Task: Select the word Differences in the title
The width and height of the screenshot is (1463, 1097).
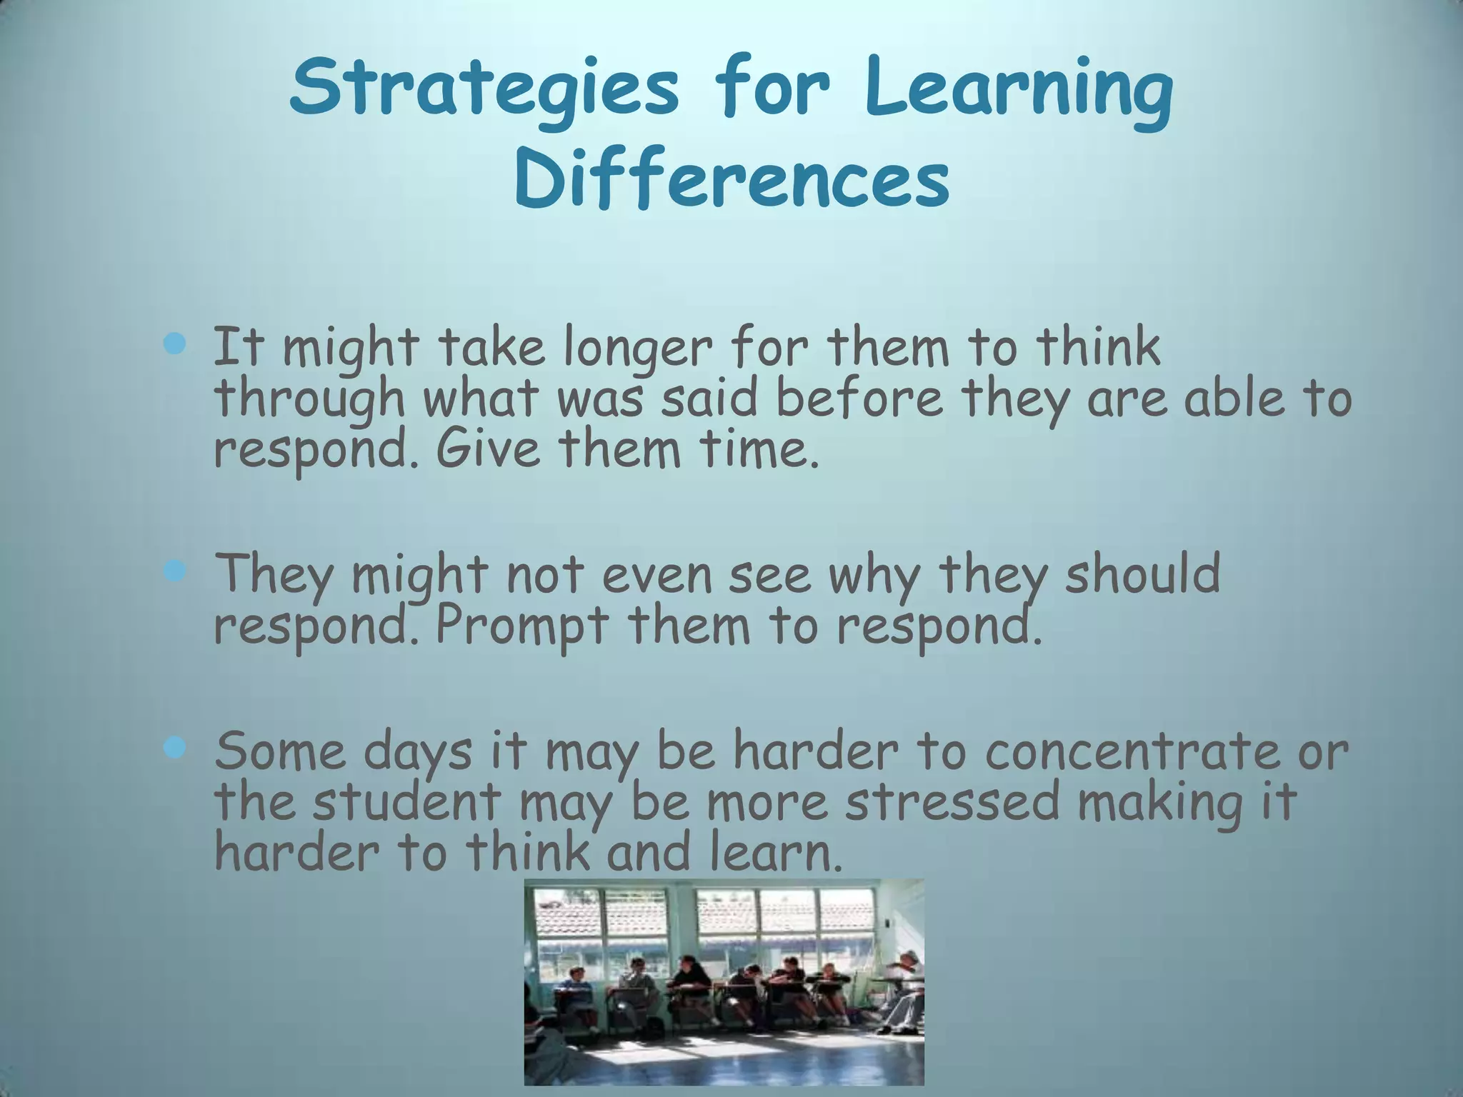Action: (731, 180)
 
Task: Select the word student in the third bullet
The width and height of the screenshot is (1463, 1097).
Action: (408, 801)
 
